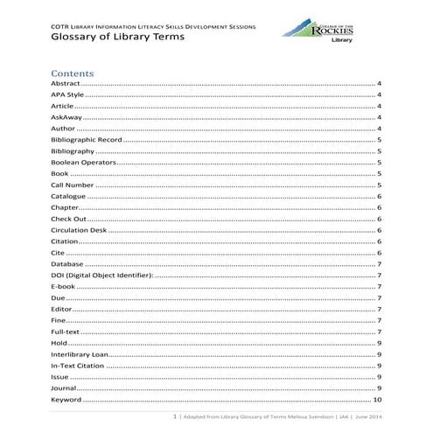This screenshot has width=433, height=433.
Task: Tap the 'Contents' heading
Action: (x=73, y=73)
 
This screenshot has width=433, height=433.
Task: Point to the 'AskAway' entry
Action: (x=66, y=117)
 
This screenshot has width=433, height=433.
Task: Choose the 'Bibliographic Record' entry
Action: (x=86, y=140)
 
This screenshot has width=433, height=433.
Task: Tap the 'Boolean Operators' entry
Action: (x=82, y=162)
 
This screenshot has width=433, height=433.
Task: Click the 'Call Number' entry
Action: (x=73, y=185)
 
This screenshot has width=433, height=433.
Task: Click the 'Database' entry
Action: (x=67, y=263)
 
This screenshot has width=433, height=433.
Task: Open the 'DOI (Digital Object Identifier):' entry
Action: (x=101, y=275)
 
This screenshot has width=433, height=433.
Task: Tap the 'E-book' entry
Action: (x=64, y=286)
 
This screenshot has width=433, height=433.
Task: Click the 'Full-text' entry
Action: (x=66, y=332)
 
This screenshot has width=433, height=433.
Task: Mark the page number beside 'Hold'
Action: (x=379, y=343)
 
